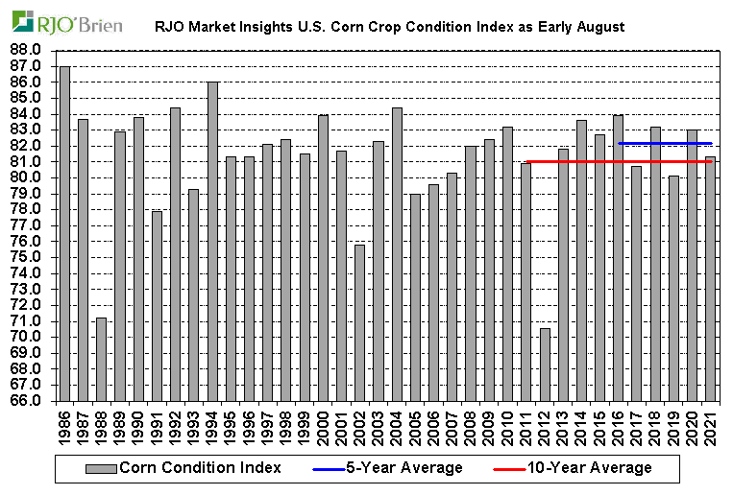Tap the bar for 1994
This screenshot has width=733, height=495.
coord(211,241)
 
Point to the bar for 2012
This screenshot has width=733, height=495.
coord(544,364)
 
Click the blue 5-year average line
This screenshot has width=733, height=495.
coord(664,143)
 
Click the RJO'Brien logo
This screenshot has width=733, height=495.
coord(67,23)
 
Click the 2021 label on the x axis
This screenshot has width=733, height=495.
coord(710,428)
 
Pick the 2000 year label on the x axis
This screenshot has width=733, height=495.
coord(323,428)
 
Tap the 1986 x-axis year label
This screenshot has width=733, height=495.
coord(65,428)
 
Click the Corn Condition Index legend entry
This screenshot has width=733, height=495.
coord(183,468)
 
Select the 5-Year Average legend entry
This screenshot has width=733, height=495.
coord(388,468)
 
